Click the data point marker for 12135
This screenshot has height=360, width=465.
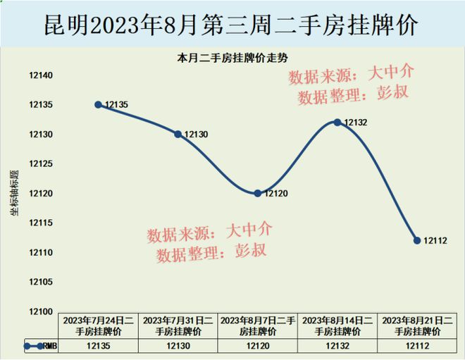point(98,104)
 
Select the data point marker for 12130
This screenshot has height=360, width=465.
point(178,134)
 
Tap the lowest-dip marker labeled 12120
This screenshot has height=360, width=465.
point(257,193)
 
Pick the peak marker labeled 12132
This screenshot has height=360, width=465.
point(337,122)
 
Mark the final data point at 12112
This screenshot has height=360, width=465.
point(417,240)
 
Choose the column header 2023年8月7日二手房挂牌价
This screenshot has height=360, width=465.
point(257,325)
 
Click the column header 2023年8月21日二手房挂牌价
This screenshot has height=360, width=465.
point(417,325)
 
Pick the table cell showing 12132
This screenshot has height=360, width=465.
point(337,346)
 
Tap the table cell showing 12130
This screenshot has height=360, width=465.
point(178,346)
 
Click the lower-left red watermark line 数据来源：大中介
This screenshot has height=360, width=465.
point(209,232)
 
